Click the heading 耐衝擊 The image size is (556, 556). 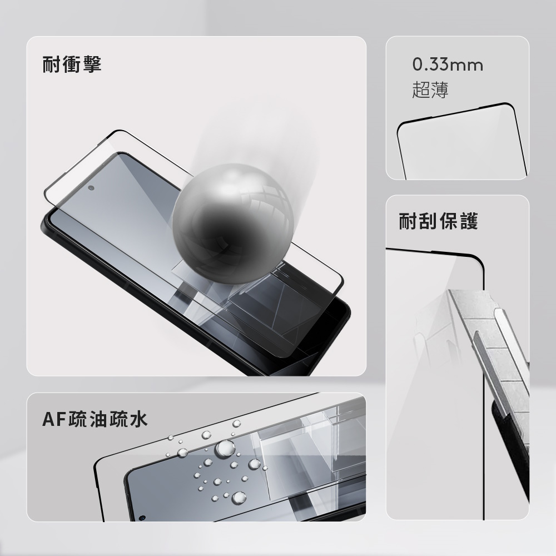pyautogui.click(x=72, y=64)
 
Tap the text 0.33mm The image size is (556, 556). pyautogui.click(x=448, y=65)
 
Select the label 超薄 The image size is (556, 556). pyautogui.click(x=430, y=90)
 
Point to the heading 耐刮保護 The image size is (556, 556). pyautogui.click(x=439, y=221)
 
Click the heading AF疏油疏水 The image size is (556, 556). pyautogui.click(x=95, y=419)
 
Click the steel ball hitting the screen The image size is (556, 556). pyautogui.click(x=233, y=224)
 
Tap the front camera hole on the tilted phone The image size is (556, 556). pyautogui.click(x=91, y=188)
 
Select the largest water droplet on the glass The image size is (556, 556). pyautogui.click(x=225, y=448)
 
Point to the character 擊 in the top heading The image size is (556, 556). pyautogui.click(x=92, y=64)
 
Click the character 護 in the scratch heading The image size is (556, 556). pyautogui.click(x=469, y=221)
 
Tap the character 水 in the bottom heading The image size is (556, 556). pyautogui.click(x=138, y=419)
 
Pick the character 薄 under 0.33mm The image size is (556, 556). pyautogui.click(x=440, y=90)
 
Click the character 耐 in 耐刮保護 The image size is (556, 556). pyautogui.click(x=408, y=221)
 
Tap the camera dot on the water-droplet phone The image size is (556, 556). pyautogui.click(x=142, y=518)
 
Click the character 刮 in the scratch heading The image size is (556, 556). pyautogui.click(x=428, y=221)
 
